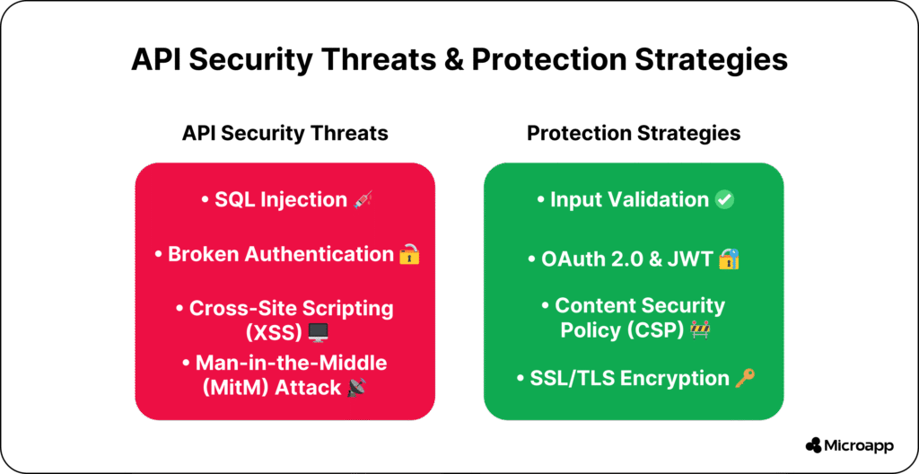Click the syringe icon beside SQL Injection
[x=363, y=200]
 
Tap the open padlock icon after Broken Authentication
[x=409, y=254]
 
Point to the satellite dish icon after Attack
[x=356, y=388]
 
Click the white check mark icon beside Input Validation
[x=725, y=200]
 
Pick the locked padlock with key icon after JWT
[x=729, y=259]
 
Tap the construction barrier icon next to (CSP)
[x=700, y=329]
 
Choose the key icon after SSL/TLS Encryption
[x=745, y=378]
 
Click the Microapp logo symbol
[x=813, y=445]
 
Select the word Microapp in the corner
[x=859, y=446]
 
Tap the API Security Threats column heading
[x=284, y=133]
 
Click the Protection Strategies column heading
[x=634, y=133]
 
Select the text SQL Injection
[x=281, y=200]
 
